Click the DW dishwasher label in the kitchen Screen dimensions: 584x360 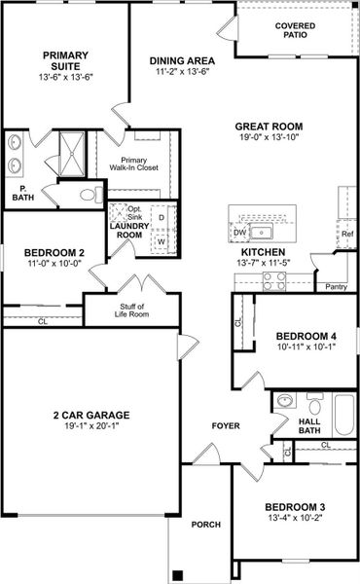[x=239, y=233]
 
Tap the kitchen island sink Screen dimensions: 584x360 [x=263, y=232]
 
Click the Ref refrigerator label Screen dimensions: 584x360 [x=346, y=235]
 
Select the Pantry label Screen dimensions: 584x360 [x=337, y=287]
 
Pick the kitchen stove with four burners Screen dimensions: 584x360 [x=274, y=278]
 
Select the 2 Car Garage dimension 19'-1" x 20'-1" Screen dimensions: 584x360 [x=91, y=425]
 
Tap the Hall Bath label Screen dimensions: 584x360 [x=308, y=425]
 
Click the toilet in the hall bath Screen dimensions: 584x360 [x=284, y=402]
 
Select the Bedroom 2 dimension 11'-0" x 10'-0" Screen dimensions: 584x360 [x=54, y=264]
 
